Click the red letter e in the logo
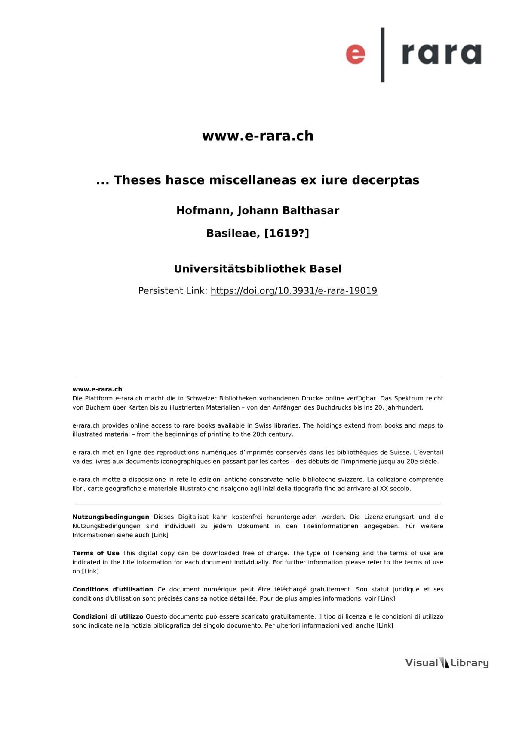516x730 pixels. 356,55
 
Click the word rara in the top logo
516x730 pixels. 441,54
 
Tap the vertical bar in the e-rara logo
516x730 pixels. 383,55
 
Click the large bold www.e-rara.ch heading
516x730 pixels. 258,136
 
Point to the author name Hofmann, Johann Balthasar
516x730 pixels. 258,210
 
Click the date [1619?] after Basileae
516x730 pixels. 287,233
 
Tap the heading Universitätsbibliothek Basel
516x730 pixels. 258,269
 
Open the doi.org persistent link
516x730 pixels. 294,291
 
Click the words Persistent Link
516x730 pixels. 172,291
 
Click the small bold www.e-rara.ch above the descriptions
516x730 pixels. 97,389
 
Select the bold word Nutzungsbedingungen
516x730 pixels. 111,517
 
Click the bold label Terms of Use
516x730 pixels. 96,553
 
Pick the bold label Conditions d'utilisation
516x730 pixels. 113,589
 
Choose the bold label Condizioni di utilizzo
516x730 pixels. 107,616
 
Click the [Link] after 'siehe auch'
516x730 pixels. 160,535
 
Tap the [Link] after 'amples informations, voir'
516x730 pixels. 386,598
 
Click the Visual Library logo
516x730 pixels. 447,663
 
